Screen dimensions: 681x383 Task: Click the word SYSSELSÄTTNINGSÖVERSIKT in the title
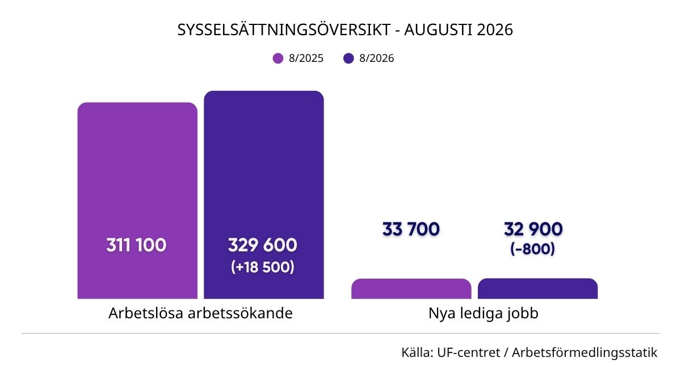tap(284, 30)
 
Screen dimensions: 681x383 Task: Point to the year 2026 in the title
tap(495, 30)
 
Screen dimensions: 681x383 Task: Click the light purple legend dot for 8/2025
tap(278, 58)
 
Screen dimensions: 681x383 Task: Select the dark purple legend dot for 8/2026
tap(348, 58)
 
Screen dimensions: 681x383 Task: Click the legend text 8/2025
tap(306, 58)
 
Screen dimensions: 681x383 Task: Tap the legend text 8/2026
tap(377, 58)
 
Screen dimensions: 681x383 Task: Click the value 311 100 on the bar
tap(136, 245)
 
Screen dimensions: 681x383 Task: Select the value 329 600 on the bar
tap(262, 245)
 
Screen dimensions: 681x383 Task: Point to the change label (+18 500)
tap(263, 267)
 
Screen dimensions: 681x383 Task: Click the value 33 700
tap(411, 229)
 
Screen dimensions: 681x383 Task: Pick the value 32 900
tap(533, 229)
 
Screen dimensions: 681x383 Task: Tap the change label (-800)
tap(533, 249)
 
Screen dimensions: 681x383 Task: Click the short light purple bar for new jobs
tap(411, 289)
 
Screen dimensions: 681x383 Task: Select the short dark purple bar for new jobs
tap(538, 288)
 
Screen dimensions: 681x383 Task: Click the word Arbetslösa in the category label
tap(145, 313)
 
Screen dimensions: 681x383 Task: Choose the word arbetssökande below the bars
tap(240, 313)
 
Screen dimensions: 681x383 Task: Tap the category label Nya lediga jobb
tap(484, 314)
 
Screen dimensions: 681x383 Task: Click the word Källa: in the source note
tap(418, 352)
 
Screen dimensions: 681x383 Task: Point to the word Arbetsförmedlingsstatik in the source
tap(585, 353)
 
